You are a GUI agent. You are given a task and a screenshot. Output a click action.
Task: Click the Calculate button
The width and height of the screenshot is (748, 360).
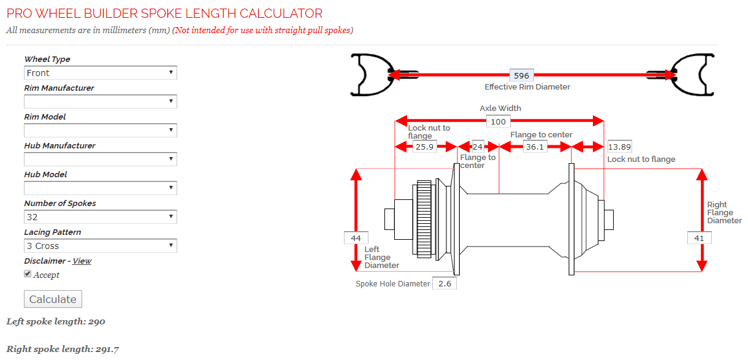click(x=53, y=299)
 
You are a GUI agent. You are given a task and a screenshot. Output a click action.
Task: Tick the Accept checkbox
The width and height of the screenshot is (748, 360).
click(x=28, y=274)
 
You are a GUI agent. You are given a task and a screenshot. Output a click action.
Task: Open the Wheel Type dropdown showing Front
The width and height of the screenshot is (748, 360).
click(x=101, y=73)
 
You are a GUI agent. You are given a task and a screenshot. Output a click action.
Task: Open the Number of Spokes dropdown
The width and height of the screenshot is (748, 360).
click(x=101, y=217)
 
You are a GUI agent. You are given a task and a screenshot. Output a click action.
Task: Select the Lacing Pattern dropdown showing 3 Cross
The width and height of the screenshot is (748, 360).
click(x=101, y=246)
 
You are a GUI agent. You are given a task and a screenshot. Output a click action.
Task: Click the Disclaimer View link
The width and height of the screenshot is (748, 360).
click(x=82, y=261)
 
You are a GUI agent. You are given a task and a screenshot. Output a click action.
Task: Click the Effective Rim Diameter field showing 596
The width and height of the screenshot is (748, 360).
click(x=521, y=75)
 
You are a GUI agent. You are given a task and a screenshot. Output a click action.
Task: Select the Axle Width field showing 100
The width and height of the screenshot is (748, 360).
click(x=498, y=121)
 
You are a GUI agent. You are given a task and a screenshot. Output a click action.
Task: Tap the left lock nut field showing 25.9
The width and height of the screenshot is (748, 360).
click(x=424, y=147)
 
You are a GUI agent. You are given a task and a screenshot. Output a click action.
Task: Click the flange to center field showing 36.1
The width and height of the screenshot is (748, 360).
click(x=535, y=147)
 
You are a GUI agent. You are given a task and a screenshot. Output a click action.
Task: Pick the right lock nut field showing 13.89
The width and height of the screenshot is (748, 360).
click(x=619, y=147)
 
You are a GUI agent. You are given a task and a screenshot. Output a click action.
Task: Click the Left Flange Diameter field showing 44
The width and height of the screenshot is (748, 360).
click(x=356, y=238)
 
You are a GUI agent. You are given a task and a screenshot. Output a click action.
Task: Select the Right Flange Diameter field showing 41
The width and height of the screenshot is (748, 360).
click(x=699, y=238)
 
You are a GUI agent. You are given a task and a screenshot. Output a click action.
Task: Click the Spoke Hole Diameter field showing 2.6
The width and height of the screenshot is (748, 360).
click(x=445, y=283)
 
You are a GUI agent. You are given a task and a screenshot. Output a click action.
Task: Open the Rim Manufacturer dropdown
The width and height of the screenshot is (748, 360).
click(x=101, y=102)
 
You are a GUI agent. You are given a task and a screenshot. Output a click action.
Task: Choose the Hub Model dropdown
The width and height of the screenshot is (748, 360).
click(x=101, y=188)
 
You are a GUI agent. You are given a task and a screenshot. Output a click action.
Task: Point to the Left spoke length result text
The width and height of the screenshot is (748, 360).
click(x=56, y=321)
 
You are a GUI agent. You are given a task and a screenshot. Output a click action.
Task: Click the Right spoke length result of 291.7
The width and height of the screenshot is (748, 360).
click(x=63, y=350)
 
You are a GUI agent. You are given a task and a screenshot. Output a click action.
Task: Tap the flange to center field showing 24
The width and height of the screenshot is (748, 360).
click(x=478, y=147)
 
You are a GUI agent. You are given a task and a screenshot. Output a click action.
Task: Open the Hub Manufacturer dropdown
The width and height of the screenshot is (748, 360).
click(x=101, y=159)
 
